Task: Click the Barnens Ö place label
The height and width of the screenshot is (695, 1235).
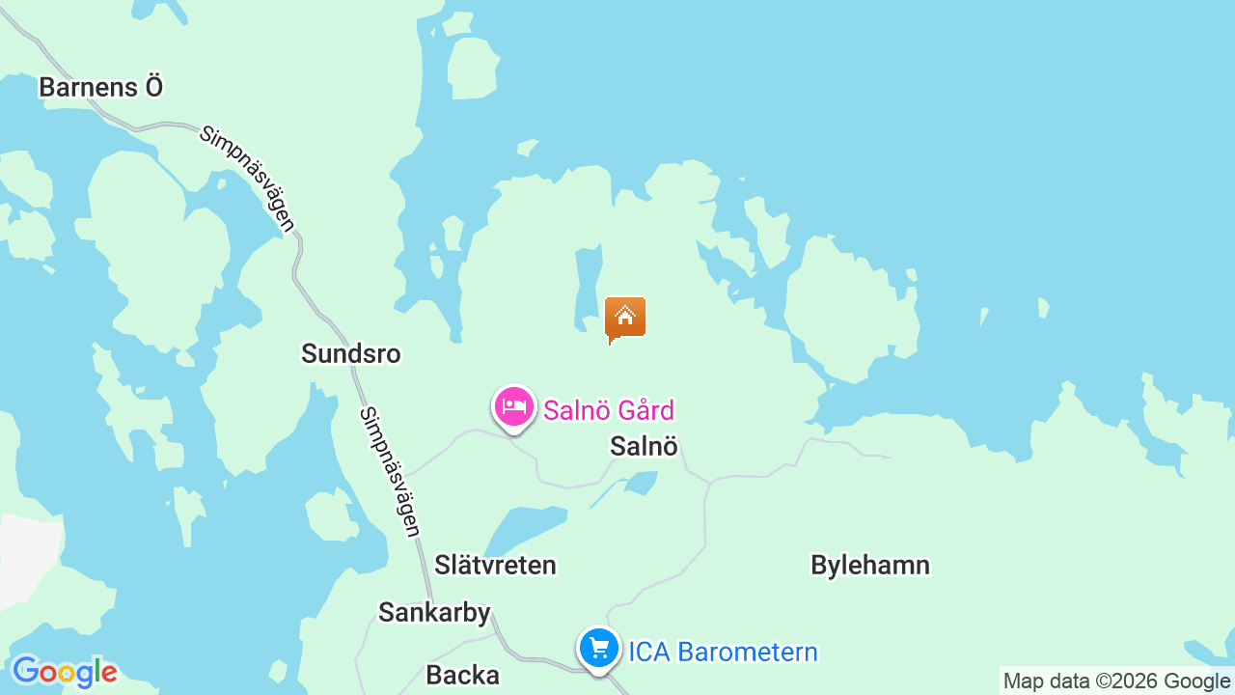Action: [100, 87]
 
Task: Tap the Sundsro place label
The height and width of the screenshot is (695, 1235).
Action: [350, 353]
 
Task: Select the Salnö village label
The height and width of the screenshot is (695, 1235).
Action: [645, 446]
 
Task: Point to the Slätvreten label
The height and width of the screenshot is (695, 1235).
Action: [495, 565]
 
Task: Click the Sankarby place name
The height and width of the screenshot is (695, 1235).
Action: [434, 612]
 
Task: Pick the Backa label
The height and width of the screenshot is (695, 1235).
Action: [462, 675]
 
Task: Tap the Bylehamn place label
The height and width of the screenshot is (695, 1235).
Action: [870, 565]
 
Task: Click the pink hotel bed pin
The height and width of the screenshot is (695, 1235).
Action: [514, 406]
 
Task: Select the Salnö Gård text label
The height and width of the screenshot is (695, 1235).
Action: [608, 410]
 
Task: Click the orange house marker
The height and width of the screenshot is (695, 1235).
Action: [625, 318]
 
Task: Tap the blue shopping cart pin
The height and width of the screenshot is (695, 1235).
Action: [598, 648]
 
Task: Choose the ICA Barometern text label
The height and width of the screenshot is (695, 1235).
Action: [723, 652]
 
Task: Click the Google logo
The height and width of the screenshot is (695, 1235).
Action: [64, 671]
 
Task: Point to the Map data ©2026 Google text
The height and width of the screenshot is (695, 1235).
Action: [1116, 681]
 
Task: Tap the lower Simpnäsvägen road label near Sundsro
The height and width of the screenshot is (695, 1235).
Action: [390, 472]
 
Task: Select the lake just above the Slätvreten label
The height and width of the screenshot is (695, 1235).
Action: [526, 527]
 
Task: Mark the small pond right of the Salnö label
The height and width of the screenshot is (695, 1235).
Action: [641, 481]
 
